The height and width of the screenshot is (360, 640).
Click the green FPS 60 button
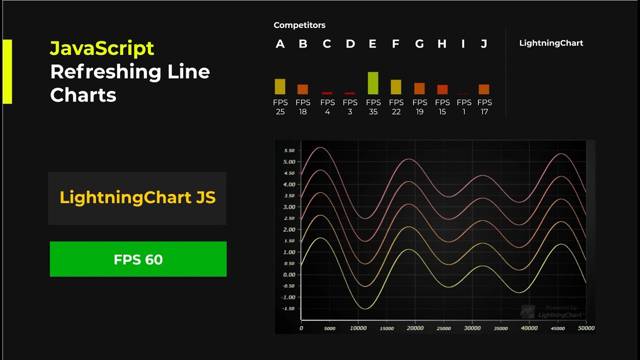click(138, 259)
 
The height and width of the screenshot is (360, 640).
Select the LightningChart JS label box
click(137, 198)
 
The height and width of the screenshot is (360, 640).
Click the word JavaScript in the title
click(102, 48)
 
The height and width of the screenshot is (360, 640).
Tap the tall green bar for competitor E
click(373, 83)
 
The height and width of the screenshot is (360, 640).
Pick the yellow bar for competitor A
click(280, 86)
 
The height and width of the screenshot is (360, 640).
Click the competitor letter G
click(419, 44)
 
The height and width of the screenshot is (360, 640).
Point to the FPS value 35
click(373, 112)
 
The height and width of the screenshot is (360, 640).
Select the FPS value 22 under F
click(396, 112)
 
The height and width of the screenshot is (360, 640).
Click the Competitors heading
click(299, 25)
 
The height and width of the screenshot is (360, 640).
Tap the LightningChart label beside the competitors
click(551, 43)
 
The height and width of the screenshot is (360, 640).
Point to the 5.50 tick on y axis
click(289, 150)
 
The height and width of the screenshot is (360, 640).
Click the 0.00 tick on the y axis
click(289, 274)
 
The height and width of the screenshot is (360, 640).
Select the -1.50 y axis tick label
click(288, 308)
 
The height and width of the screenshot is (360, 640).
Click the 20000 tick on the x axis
click(414, 328)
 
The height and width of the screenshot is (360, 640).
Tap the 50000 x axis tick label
click(586, 328)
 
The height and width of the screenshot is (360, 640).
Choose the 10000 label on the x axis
click(358, 328)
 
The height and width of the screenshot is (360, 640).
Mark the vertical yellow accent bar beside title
click(7, 71)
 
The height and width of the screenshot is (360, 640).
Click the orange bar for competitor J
click(484, 89)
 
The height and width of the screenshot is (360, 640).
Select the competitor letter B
click(303, 44)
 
